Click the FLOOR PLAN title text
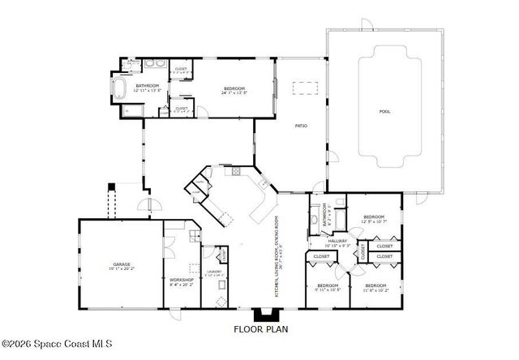pyautogui.click(x=260, y=329)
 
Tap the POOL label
pyautogui.click(x=384, y=111)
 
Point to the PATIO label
pyautogui.click(x=300, y=126)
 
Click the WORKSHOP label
pyautogui.click(x=181, y=279)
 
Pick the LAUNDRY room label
pyautogui.click(x=214, y=272)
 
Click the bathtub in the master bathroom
pyautogui.click(x=120, y=88)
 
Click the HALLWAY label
pyautogui.click(x=338, y=241)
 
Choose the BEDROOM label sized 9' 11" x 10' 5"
pyautogui.click(x=328, y=286)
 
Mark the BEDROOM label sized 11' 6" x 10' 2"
pyautogui.click(x=375, y=286)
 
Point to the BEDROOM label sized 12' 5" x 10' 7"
pyautogui.click(x=373, y=217)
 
